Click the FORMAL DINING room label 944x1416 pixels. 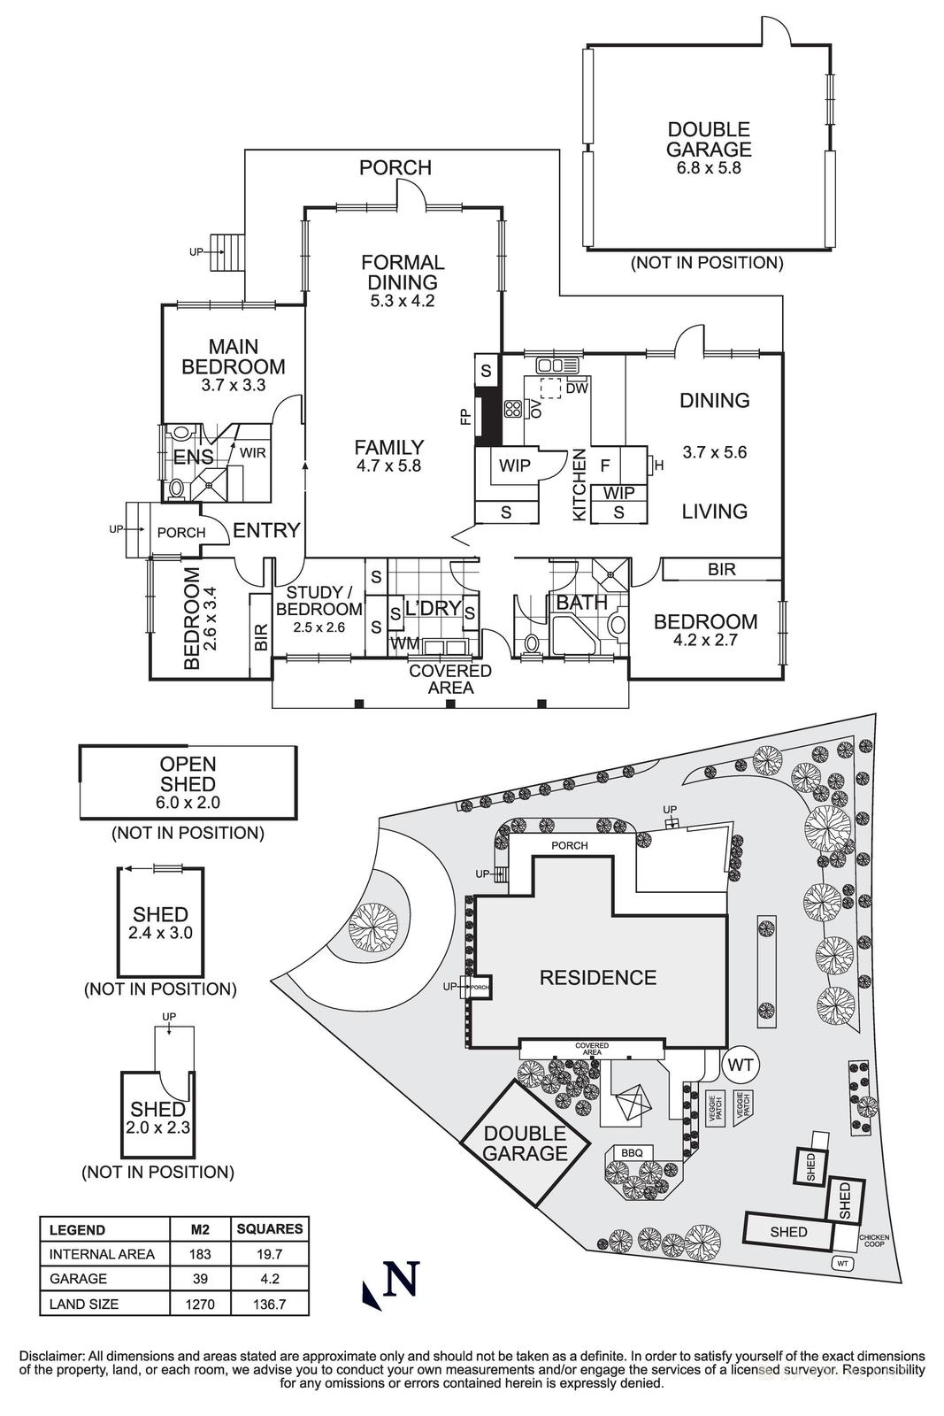click(403, 273)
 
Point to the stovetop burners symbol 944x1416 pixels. click(513, 409)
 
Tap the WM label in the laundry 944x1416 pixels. click(405, 643)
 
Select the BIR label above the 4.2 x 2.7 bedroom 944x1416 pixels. click(721, 569)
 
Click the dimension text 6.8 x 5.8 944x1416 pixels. click(709, 168)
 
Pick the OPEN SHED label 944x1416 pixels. click(188, 773)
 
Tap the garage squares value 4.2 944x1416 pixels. click(270, 1279)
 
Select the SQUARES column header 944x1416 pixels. click(270, 1228)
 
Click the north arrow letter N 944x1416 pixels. click(403, 1280)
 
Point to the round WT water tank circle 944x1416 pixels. click(740, 1066)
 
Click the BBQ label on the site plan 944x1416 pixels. click(632, 1152)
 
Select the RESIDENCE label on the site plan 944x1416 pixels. click(598, 977)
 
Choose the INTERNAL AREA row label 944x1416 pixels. click(102, 1254)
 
